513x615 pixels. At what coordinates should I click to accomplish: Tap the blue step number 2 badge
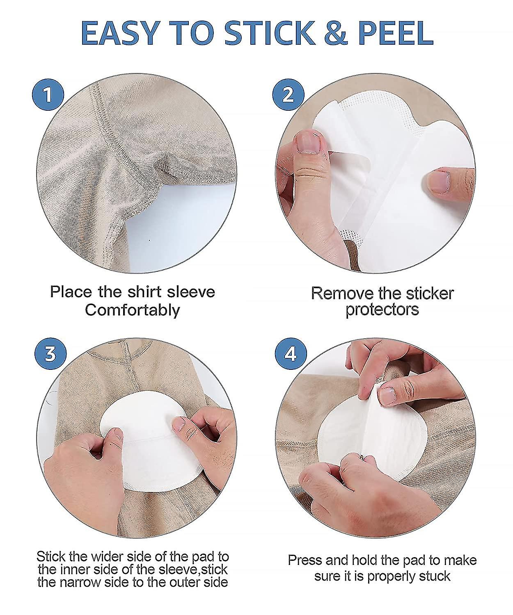[289, 94]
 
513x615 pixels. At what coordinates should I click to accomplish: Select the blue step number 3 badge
[50, 353]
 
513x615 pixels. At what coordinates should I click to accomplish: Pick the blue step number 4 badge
[291, 353]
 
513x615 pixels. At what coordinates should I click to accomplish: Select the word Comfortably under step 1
[132, 310]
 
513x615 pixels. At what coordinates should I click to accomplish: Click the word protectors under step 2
[382, 310]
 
